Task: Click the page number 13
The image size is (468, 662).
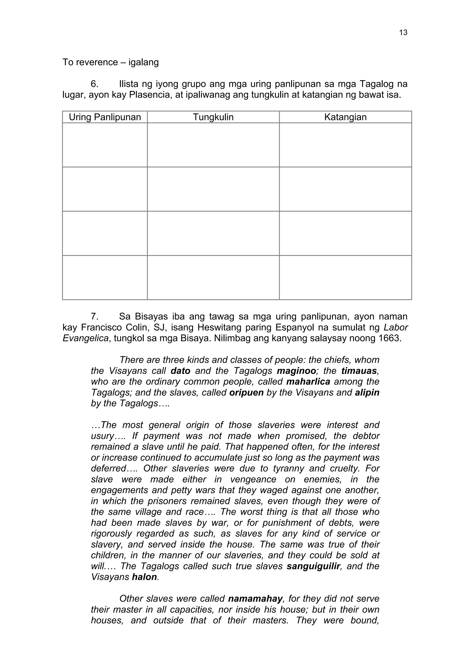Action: point(403,33)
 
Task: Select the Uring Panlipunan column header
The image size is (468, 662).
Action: point(105,117)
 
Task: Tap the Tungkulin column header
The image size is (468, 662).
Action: point(213,117)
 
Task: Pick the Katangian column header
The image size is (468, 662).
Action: point(345,117)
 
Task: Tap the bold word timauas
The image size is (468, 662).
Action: point(359,371)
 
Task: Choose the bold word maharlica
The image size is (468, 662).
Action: point(308,382)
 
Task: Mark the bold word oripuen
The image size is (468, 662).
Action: point(246,392)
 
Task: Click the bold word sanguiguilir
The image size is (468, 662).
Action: point(314,566)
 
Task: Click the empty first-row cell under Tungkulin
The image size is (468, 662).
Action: point(213,145)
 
